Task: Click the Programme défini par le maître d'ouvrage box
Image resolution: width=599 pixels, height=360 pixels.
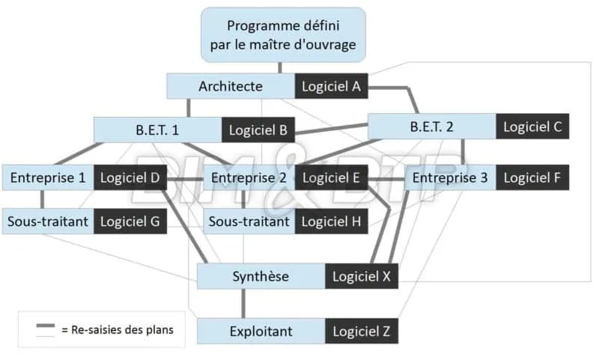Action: (x=283, y=34)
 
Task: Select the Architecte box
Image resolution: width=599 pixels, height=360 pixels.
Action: (x=231, y=86)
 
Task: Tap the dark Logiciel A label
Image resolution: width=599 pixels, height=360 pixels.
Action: (x=332, y=86)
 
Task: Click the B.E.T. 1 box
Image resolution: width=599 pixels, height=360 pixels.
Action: (x=157, y=129)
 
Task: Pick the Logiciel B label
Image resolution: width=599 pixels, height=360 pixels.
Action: (x=258, y=129)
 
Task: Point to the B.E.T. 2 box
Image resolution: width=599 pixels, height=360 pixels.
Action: (x=431, y=126)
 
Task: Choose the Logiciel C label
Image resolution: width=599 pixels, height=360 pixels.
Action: (x=532, y=126)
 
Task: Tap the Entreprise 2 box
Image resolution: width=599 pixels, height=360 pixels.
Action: (x=249, y=177)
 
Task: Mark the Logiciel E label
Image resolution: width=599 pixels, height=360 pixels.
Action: (x=332, y=177)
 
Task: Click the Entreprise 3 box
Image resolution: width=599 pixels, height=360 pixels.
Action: (x=450, y=177)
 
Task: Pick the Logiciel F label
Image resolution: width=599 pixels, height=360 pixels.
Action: (x=532, y=177)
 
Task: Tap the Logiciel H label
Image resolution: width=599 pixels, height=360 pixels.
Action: (x=332, y=221)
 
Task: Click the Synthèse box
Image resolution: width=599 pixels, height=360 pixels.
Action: (x=261, y=276)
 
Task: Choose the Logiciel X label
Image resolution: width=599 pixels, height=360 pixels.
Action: (x=362, y=276)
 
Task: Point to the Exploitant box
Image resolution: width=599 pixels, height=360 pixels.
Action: (x=261, y=330)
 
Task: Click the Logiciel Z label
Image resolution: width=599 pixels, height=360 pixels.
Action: (x=362, y=330)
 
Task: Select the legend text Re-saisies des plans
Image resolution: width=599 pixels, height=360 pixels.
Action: (x=122, y=329)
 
